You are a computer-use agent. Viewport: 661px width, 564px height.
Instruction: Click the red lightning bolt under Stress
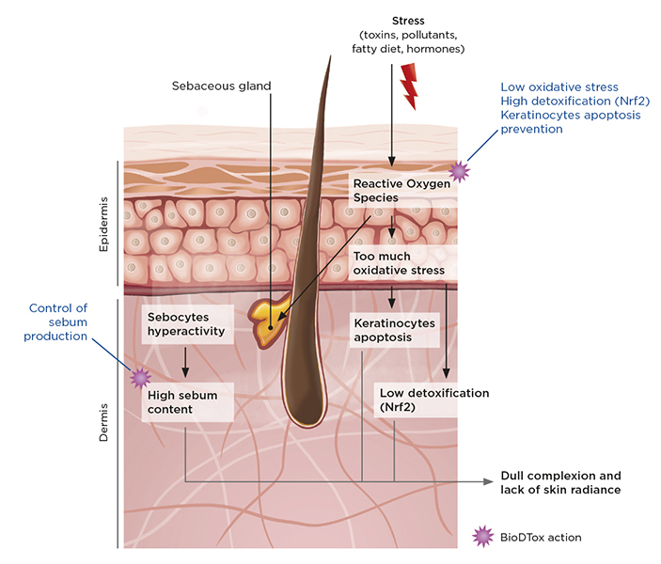(408, 87)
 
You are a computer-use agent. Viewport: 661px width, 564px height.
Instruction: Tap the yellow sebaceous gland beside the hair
(268, 321)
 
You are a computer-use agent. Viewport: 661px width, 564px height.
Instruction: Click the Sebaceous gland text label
(221, 86)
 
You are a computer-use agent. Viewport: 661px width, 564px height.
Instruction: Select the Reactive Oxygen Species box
(401, 191)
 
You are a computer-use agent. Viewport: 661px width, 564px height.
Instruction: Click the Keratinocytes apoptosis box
(394, 330)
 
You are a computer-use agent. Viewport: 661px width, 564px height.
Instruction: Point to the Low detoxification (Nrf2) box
(433, 399)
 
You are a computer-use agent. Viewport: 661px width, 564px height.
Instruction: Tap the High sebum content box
(182, 402)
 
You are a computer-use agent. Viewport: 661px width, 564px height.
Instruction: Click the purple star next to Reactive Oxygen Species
(459, 170)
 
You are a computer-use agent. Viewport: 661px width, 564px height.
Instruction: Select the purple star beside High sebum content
(140, 378)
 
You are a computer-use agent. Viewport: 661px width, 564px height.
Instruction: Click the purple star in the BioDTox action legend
(482, 536)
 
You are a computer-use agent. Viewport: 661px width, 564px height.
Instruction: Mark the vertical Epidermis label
(104, 224)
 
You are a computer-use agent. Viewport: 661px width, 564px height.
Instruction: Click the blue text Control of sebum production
(57, 321)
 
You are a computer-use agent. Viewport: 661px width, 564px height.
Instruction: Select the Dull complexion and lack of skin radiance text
(560, 482)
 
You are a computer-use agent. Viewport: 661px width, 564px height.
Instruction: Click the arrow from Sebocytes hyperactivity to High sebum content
(186, 362)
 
